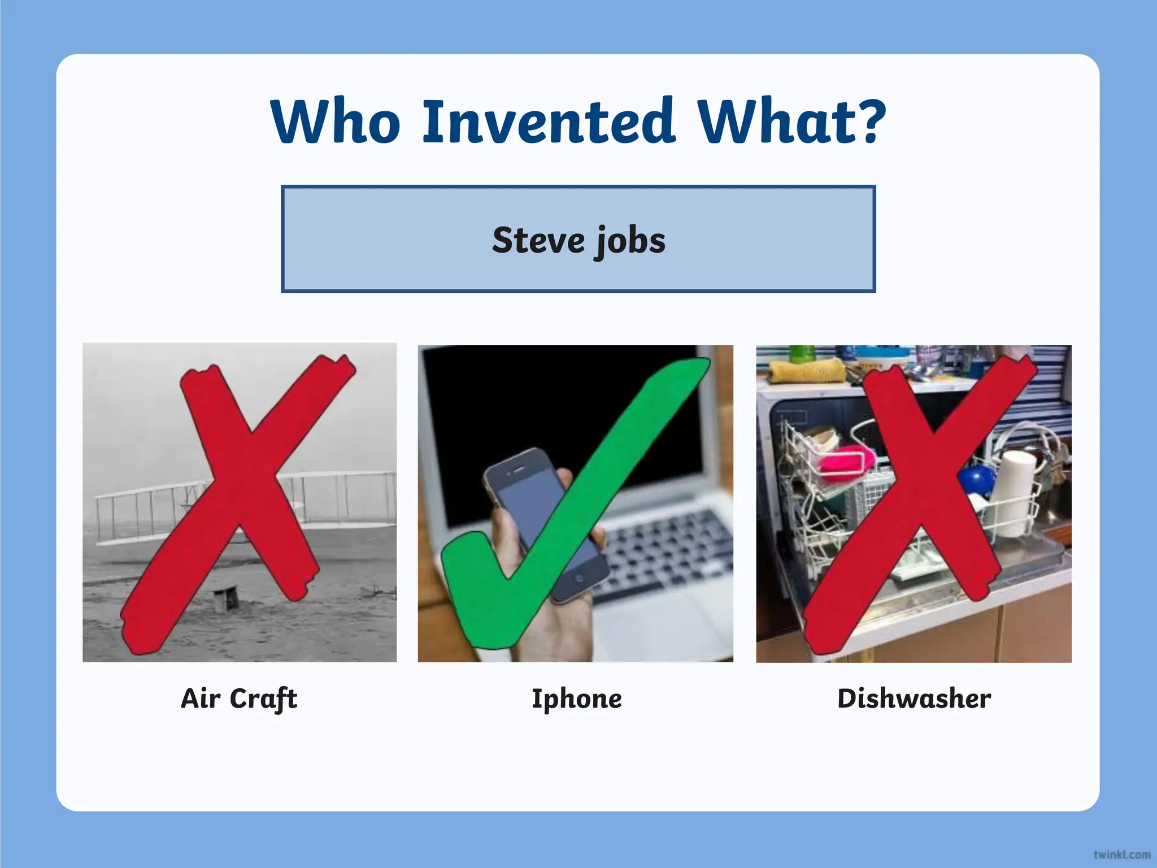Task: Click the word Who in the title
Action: (336, 121)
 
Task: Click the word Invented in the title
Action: (549, 121)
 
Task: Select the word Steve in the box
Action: (538, 240)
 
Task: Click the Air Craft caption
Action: (239, 698)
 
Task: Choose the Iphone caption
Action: (577, 698)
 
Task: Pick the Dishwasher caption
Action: (914, 698)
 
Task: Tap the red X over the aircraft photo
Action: (240, 497)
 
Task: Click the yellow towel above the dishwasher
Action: (805, 371)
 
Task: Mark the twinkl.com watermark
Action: (1121, 854)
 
